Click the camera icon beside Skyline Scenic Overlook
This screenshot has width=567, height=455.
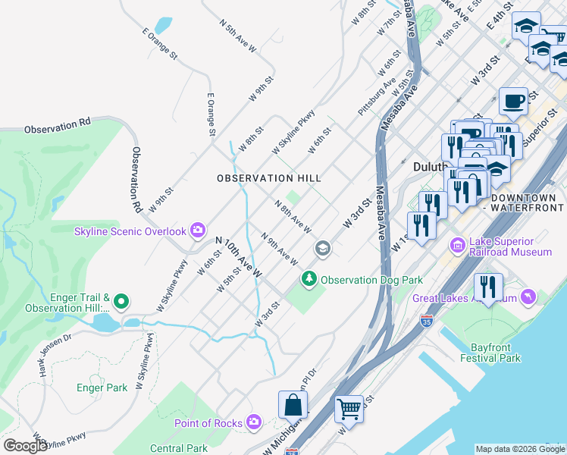pos(198,230)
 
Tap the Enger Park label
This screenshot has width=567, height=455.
pos(102,388)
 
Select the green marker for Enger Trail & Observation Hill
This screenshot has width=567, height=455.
pos(122,302)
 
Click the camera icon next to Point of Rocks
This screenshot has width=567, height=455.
pos(254,422)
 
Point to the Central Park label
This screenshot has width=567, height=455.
pos(179,448)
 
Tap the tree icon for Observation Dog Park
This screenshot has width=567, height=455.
pos(309,280)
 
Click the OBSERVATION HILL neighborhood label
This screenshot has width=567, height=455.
pos(268,178)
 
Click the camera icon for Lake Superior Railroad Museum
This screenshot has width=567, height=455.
pos(456,245)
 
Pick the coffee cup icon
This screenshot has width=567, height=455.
pos(513,100)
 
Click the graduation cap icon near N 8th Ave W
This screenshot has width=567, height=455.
pos(322,249)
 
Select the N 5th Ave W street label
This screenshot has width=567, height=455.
pos(238,36)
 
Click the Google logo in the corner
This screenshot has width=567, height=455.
pos(25,446)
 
